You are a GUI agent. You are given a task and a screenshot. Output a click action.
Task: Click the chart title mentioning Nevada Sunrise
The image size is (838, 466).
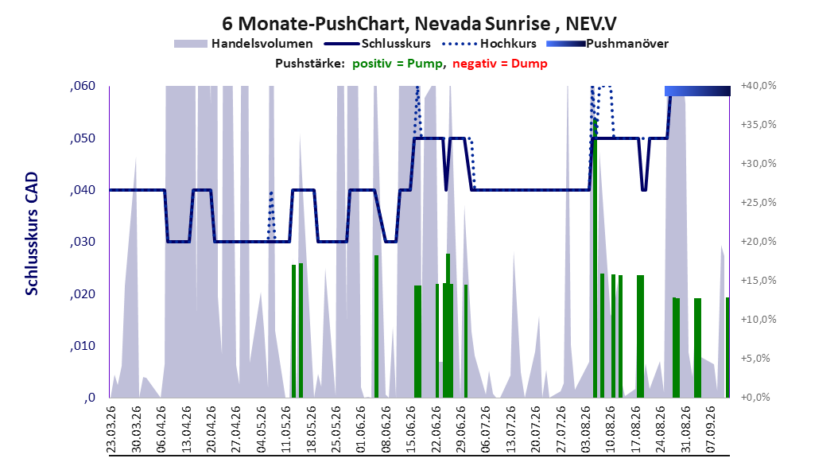(x=419, y=24)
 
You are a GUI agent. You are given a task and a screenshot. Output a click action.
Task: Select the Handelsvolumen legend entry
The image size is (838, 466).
(x=243, y=44)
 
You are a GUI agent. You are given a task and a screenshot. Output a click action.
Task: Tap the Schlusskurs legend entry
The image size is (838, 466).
(x=378, y=44)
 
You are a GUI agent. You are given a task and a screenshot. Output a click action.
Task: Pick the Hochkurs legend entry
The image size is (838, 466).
(x=489, y=44)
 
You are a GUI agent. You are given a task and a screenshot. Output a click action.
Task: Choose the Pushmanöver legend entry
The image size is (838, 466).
(x=607, y=44)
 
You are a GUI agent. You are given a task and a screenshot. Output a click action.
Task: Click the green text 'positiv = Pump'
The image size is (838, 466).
(x=398, y=64)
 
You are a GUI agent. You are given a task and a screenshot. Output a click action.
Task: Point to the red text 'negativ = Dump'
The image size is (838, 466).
(x=500, y=64)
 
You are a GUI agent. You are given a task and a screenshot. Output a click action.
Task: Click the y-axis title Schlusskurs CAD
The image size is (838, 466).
(x=32, y=234)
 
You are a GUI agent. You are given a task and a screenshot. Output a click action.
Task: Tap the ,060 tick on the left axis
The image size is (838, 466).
(x=83, y=86)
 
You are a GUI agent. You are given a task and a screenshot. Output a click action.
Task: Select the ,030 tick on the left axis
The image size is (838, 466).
(x=83, y=242)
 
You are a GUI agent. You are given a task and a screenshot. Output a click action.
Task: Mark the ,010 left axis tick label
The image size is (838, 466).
(x=83, y=346)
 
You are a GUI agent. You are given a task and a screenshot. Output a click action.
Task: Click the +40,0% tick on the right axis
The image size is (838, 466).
(x=758, y=86)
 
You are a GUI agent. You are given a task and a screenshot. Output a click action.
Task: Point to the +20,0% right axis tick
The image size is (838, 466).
(x=758, y=242)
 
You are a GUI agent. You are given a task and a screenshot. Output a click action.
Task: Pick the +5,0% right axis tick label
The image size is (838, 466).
(x=755, y=359)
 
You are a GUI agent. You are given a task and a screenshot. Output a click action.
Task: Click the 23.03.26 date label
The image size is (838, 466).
(x=111, y=429)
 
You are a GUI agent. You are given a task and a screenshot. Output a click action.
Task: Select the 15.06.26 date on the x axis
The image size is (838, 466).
(x=412, y=429)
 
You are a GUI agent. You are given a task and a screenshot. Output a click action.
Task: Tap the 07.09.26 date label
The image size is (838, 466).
(x=712, y=429)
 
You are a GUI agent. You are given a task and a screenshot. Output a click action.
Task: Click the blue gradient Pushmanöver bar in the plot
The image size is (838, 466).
(x=697, y=91)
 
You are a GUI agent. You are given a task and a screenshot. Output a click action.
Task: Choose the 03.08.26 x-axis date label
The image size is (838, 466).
(x=586, y=429)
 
